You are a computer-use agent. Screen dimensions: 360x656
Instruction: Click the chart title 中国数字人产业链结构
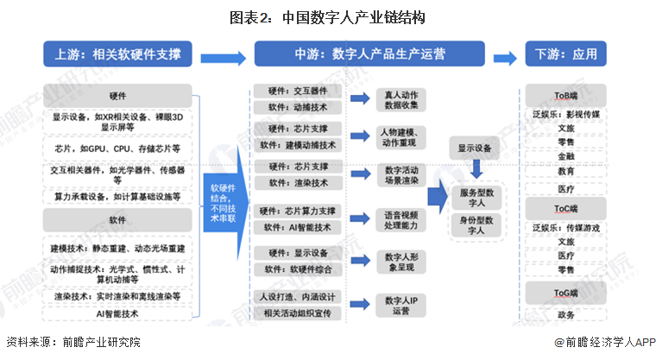coord(328,17)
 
